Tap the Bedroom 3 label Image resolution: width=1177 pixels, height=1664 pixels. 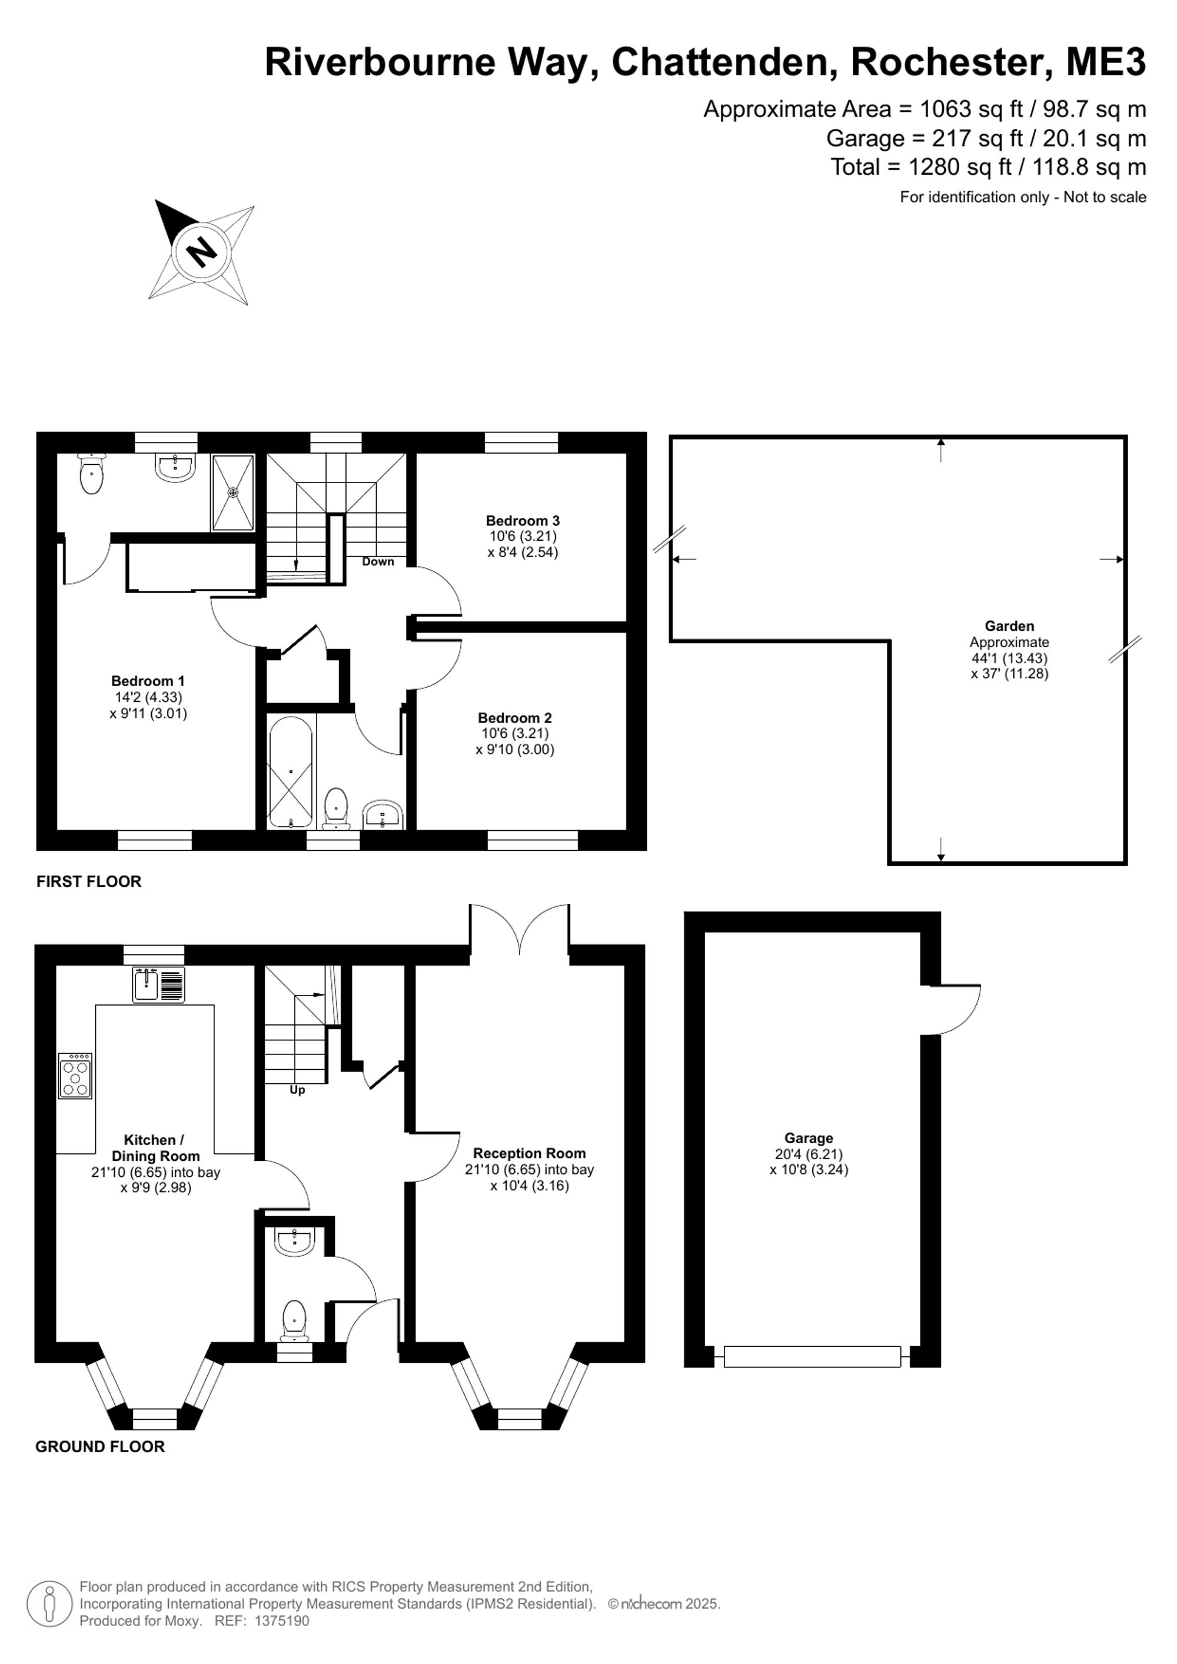coord(523,520)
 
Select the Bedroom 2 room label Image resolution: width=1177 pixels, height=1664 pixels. coord(514,717)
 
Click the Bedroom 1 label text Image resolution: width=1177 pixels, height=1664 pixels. coord(148,681)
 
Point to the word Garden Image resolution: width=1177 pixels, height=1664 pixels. coord(1009,625)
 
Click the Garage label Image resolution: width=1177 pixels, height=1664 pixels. coord(808,1138)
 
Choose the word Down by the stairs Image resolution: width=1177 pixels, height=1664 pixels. coord(378,562)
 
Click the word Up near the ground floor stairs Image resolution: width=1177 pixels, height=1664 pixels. coord(297,1090)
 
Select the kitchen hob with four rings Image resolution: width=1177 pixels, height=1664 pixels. coord(75,1076)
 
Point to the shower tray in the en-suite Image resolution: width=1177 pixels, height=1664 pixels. coord(232,493)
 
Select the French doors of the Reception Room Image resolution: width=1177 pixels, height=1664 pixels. coord(520,929)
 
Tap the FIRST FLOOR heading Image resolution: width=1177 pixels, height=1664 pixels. coord(89,881)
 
